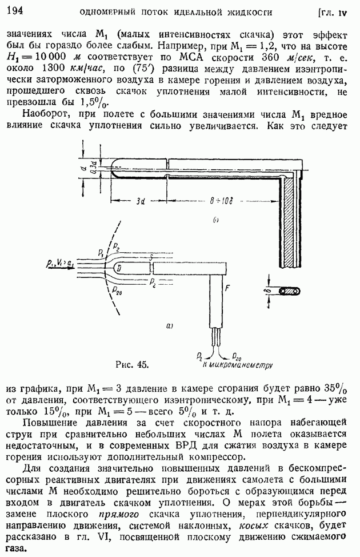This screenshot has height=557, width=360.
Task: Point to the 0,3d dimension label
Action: coord(92,170)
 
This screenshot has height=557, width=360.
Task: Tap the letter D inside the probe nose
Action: coord(117,268)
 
